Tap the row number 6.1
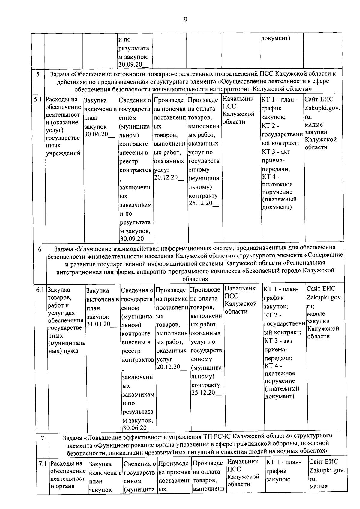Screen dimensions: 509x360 [40, 290]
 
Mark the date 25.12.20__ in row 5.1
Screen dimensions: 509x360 [203, 203]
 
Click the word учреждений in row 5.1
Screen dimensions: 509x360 [63, 153]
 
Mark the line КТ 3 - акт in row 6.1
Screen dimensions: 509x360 [278, 341]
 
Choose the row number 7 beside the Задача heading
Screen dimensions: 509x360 [43, 438]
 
